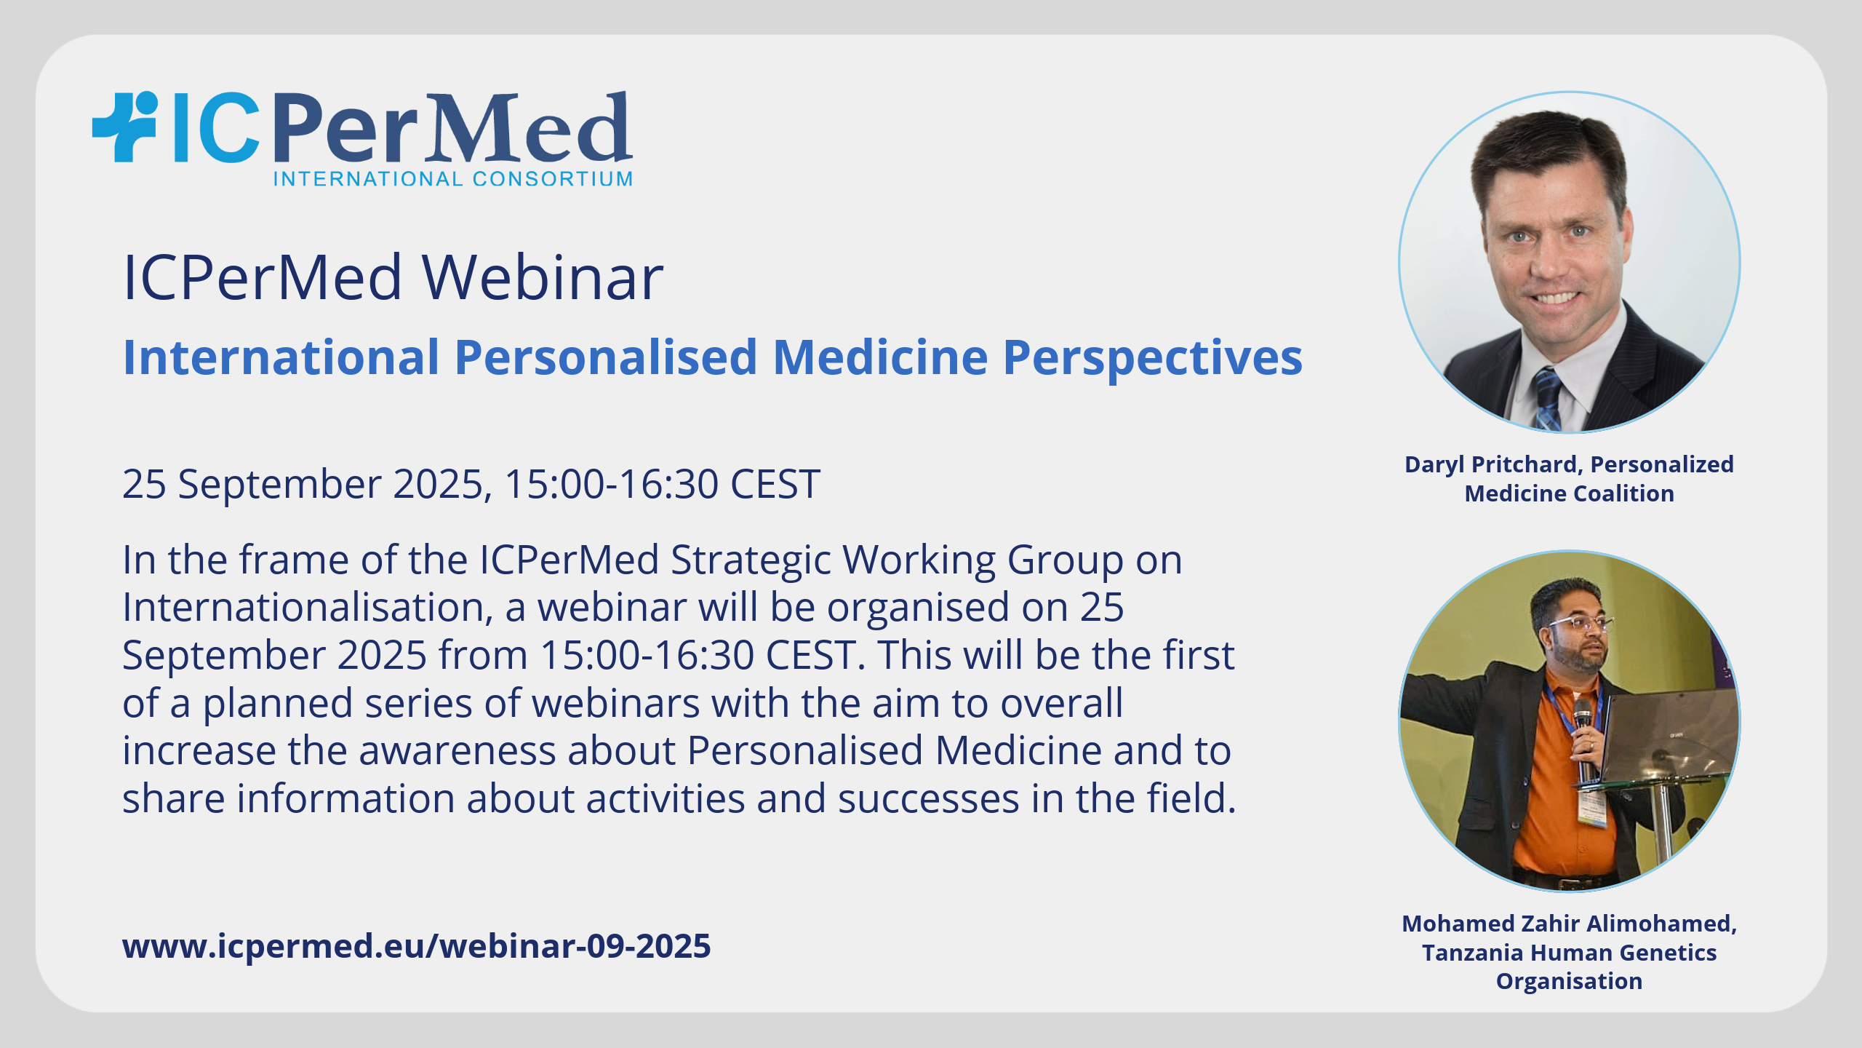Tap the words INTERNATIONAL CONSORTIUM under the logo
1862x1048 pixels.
pyautogui.click(x=453, y=179)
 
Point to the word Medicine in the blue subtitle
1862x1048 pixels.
pyautogui.click(x=880, y=357)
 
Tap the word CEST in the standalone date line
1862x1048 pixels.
pyautogui.click(x=775, y=484)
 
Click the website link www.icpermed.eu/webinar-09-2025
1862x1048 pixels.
pyautogui.click(x=417, y=946)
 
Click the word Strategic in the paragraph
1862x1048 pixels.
pyautogui.click(x=751, y=561)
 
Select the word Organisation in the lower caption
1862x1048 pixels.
pyautogui.click(x=1569, y=982)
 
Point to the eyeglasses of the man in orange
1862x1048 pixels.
pyautogui.click(x=1580, y=624)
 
